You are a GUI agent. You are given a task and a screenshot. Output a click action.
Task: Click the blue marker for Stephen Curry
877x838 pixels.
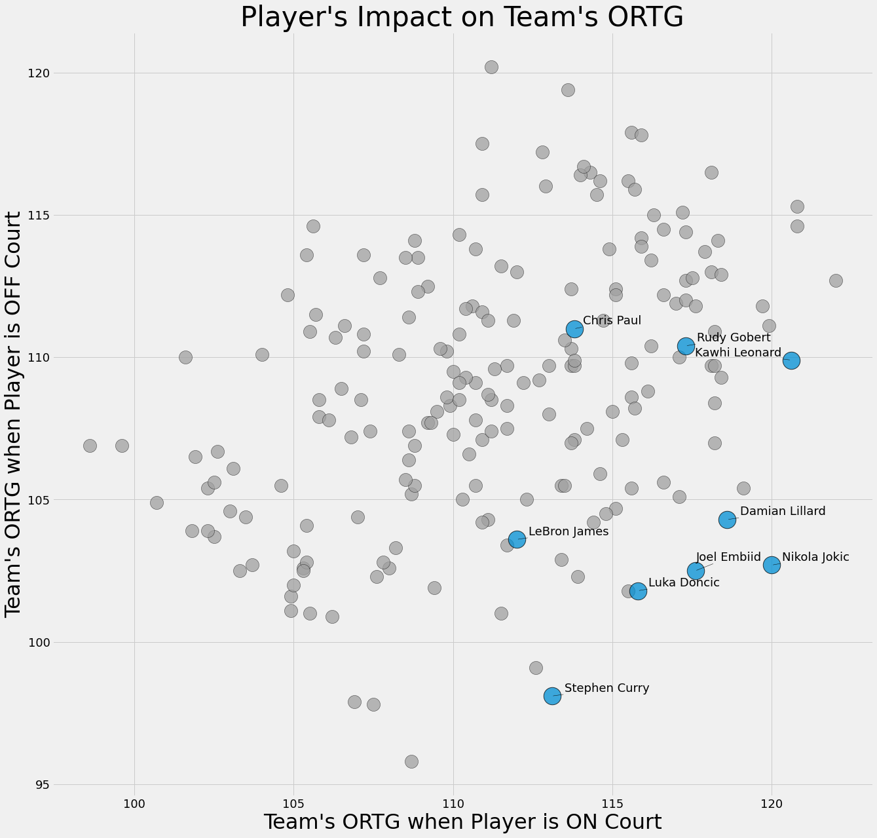[552, 696]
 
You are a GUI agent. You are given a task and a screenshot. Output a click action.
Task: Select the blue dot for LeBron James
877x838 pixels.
[517, 539]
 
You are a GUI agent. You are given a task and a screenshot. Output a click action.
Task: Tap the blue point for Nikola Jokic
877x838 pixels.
[772, 565]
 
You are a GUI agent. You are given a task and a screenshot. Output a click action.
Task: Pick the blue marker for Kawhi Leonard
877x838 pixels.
[791, 360]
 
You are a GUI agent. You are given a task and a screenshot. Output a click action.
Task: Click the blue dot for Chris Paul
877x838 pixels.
[574, 329]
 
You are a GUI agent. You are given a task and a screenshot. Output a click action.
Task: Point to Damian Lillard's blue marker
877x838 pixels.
[727, 520]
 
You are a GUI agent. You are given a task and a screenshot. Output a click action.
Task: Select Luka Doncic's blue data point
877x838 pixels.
[638, 591]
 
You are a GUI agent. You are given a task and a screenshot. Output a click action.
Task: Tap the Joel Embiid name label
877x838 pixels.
[728, 558]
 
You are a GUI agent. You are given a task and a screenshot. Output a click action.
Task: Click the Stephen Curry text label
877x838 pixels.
[606, 688]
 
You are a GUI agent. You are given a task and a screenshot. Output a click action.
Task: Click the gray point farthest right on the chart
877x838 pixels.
[836, 280]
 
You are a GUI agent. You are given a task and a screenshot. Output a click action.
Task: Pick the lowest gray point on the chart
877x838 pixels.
[411, 761]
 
